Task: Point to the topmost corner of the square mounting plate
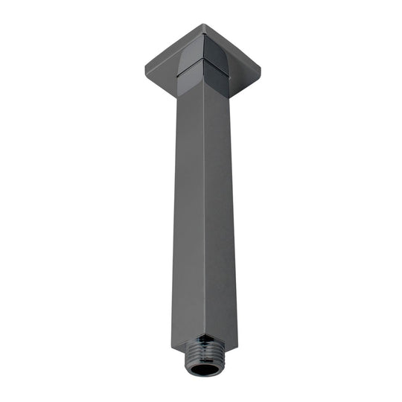pos(203,25)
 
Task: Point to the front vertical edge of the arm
pos(204,223)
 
